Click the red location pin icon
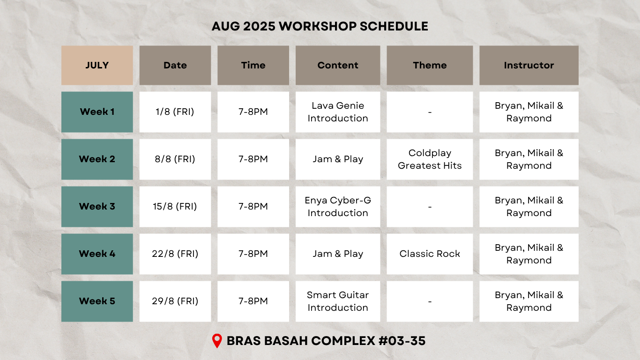pyautogui.click(x=217, y=341)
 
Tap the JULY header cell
pyautogui.click(x=97, y=65)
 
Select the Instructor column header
pyautogui.click(x=529, y=65)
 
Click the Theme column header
pyautogui.click(x=430, y=65)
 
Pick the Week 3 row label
pyautogui.click(x=97, y=206)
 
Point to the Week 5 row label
pyautogui.click(x=97, y=301)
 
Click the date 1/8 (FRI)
pyautogui.click(x=175, y=112)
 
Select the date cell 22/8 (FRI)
pyautogui.click(x=175, y=254)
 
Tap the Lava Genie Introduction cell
pyautogui.click(x=338, y=112)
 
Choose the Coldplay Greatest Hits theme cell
pyautogui.click(x=430, y=159)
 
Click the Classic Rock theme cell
pyautogui.click(x=430, y=254)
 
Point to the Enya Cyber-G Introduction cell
pyautogui.click(x=338, y=206)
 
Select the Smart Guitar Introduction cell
pyautogui.click(x=338, y=301)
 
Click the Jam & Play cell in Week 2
pyautogui.click(x=338, y=159)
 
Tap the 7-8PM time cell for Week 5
pyautogui.click(x=253, y=301)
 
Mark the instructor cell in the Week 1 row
pyautogui.click(x=529, y=112)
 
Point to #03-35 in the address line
pyautogui.click(x=402, y=341)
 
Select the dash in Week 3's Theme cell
pyautogui.click(x=430, y=207)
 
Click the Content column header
pyautogui.click(x=338, y=65)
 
